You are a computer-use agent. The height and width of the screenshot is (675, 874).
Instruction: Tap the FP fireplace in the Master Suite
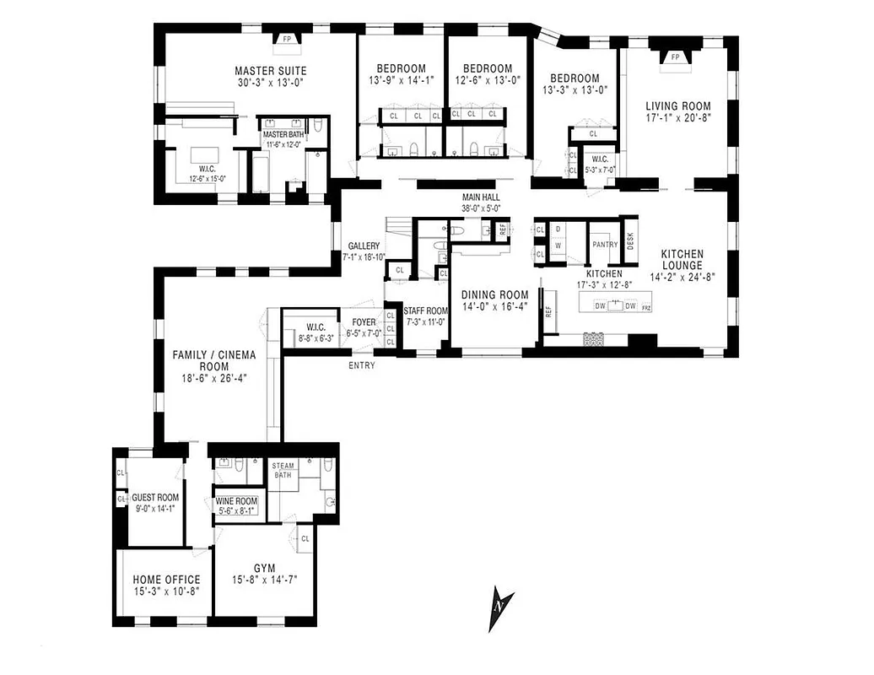tap(287, 39)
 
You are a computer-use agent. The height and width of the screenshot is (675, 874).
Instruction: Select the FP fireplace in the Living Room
tap(675, 57)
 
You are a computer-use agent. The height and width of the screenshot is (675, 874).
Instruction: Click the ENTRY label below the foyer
tap(362, 365)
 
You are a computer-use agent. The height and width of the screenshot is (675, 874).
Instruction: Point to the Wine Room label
tap(236, 500)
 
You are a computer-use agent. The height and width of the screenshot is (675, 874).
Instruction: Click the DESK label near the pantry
tap(629, 240)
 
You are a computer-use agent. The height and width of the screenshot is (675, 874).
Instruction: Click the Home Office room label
tap(166, 580)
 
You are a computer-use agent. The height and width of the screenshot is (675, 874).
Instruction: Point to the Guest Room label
tap(155, 497)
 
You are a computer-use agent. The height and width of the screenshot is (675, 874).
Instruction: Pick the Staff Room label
tap(425, 311)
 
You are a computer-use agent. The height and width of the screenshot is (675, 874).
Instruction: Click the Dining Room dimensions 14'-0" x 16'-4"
tap(494, 308)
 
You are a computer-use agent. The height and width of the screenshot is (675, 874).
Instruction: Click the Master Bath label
tap(283, 134)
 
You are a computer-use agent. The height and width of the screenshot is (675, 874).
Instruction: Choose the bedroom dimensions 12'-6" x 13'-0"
tap(487, 82)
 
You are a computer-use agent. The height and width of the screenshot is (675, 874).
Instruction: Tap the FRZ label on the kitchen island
tap(646, 308)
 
